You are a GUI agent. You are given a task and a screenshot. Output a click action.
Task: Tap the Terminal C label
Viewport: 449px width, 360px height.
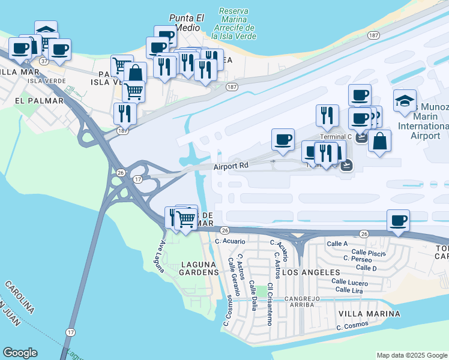pyautogui.click(x=335, y=137)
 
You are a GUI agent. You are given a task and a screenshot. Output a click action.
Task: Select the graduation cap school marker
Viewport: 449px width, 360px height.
pyautogui.click(x=405, y=100)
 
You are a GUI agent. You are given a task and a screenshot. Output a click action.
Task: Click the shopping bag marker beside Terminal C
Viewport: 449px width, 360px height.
pyautogui.click(x=379, y=142)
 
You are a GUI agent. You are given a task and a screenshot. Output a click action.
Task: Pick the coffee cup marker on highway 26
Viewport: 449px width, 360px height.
pyautogui.click(x=398, y=220)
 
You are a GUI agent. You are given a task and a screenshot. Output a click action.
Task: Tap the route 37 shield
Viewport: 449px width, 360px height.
pyautogui.click(x=44, y=61)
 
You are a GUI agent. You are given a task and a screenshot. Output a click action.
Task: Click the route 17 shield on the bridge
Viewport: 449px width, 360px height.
pyautogui.click(x=71, y=332)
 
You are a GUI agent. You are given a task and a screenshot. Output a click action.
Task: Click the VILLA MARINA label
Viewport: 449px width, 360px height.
pyautogui.click(x=369, y=314)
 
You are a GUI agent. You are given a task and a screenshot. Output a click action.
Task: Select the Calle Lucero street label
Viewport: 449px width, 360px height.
pyautogui.click(x=349, y=282)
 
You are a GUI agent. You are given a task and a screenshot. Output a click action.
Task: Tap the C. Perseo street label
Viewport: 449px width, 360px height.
pyautogui.click(x=358, y=259)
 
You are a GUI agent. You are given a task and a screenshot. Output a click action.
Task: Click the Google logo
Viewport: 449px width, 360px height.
pyautogui.click(x=20, y=353)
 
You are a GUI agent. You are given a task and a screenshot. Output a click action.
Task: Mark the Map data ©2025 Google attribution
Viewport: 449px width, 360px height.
pyautogui.click(x=411, y=355)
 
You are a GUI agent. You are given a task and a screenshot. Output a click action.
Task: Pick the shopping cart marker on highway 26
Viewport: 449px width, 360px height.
pyautogui.click(x=186, y=220)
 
